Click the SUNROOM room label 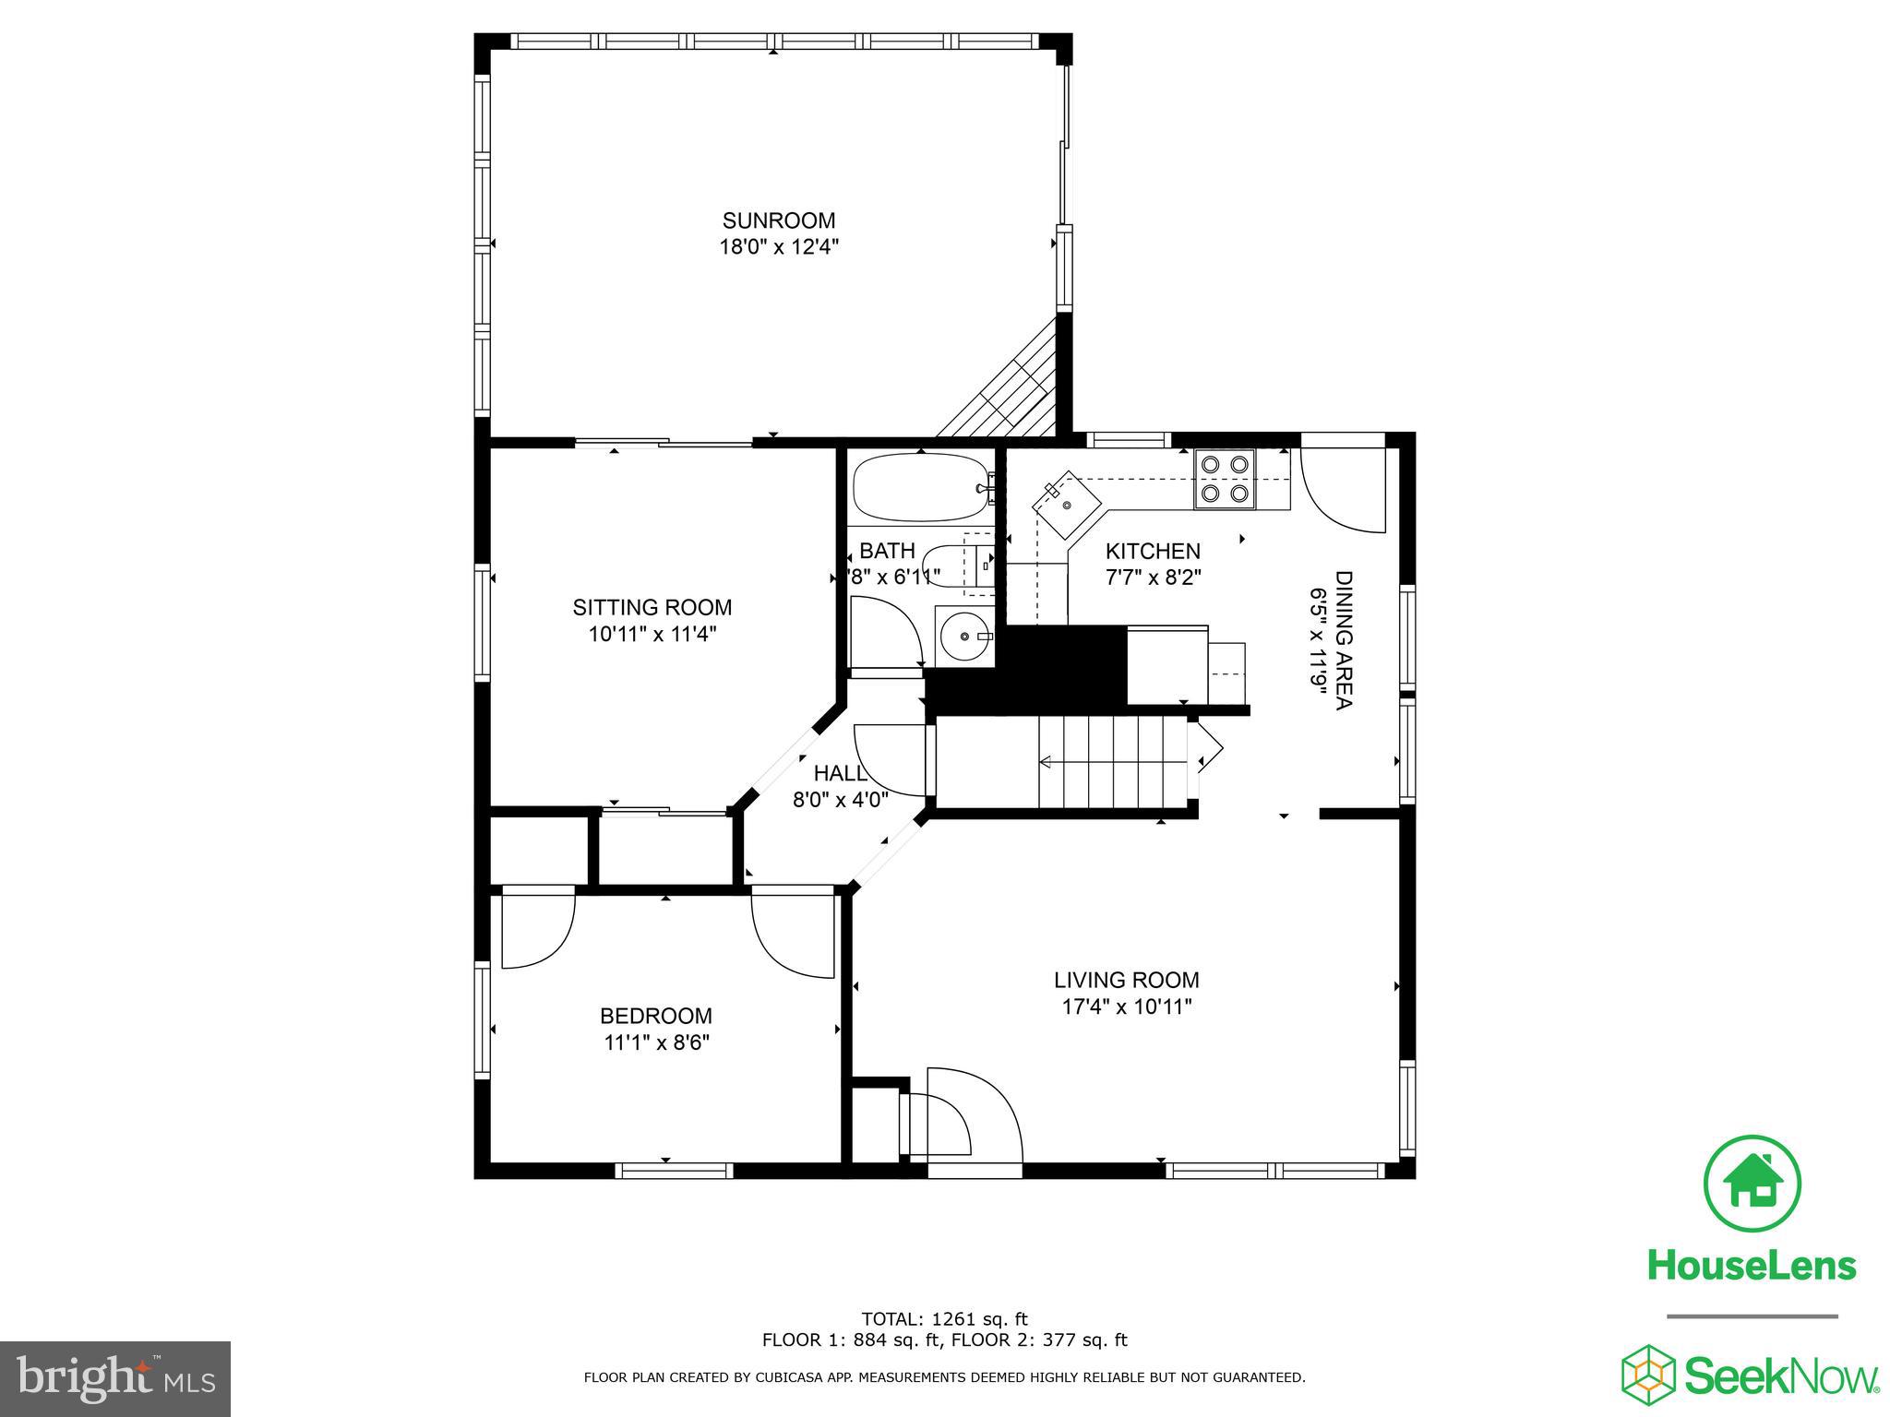pos(778,220)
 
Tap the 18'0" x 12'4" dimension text pos(778,247)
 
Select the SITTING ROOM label pos(652,608)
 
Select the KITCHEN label pos(1153,552)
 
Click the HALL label pos(840,773)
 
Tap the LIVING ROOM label pos(1127,980)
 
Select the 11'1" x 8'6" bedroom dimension pos(656,1042)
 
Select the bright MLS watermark pos(115,1378)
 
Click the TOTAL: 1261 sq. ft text pos(944,1319)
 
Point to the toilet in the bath pos(951,564)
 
